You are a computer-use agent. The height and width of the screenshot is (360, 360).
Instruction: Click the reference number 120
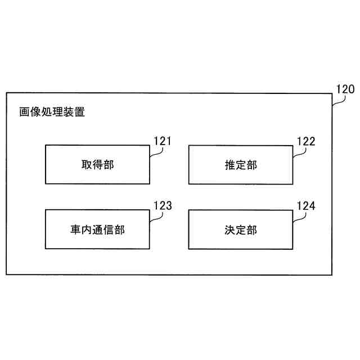pyautogui.click(x=345, y=89)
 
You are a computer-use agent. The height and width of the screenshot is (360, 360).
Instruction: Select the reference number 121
pyautogui.click(x=162, y=141)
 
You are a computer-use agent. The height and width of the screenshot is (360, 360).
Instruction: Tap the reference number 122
pyautogui.click(x=305, y=141)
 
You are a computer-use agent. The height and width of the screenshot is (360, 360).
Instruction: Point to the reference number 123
pyautogui.click(x=162, y=205)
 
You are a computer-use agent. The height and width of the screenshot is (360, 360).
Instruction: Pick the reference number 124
pyautogui.click(x=305, y=205)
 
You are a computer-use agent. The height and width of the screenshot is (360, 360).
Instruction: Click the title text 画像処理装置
pyautogui.click(x=52, y=112)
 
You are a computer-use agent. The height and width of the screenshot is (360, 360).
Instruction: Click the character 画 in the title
pyautogui.click(x=25, y=112)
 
